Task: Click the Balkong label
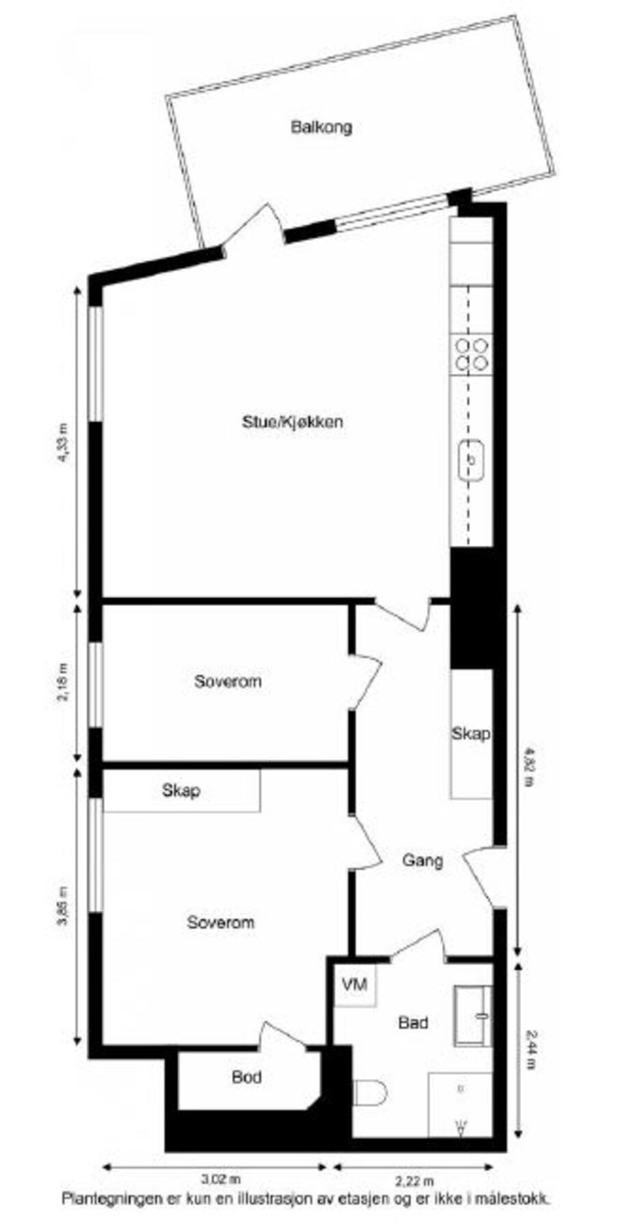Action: [321, 127]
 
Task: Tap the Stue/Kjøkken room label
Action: [292, 421]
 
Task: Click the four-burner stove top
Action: [472, 354]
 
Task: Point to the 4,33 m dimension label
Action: [63, 444]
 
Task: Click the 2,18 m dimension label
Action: [63, 682]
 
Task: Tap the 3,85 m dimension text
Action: [63, 905]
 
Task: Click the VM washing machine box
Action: [354, 985]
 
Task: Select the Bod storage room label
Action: [246, 1077]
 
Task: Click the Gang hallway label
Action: [422, 860]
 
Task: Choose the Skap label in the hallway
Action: [471, 734]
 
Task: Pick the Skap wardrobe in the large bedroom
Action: [181, 791]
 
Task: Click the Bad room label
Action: [413, 1022]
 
